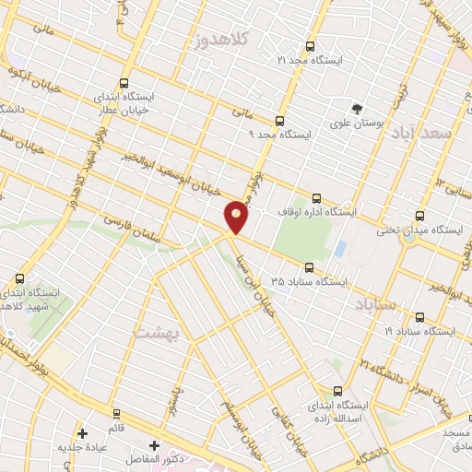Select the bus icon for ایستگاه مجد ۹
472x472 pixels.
tap(280, 120)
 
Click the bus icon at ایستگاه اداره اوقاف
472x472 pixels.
tap(317, 197)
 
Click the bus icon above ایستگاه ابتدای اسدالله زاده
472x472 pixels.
tap(337, 390)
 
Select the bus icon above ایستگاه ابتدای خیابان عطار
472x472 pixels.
tap(124, 82)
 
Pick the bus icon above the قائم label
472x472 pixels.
tap(116, 413)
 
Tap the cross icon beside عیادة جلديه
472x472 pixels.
tap(83, 432)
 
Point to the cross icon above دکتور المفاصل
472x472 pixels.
tap(154, 445)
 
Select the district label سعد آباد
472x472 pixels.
tap(424, 134)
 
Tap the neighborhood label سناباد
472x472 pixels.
tap(375, 303)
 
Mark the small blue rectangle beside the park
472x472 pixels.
tap(340, 249)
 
